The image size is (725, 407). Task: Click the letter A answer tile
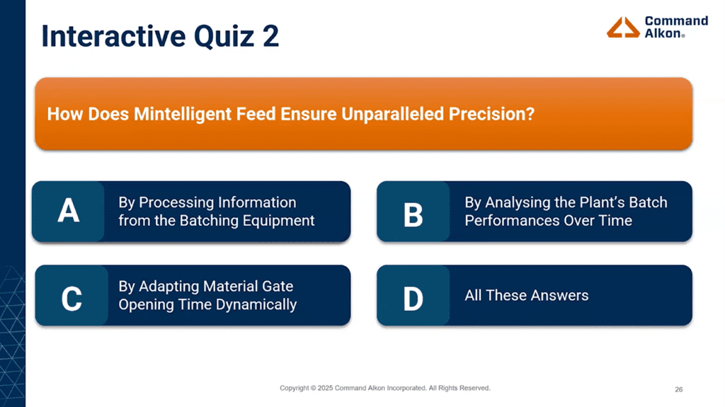click(x=68, y=212)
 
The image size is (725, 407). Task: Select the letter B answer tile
click(x=413, y=212)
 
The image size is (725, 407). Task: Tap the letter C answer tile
click(x=71, y=296)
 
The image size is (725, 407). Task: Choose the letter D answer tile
click(x=413, y=296)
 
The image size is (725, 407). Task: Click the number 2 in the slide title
click(x=270, y=36)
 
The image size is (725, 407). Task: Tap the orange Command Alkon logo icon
click(x=623, y=27)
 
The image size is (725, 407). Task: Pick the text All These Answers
click(x=526, y=295)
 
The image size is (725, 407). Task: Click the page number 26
click(x=678, y=389)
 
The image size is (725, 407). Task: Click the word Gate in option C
click(x=277, y=287)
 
